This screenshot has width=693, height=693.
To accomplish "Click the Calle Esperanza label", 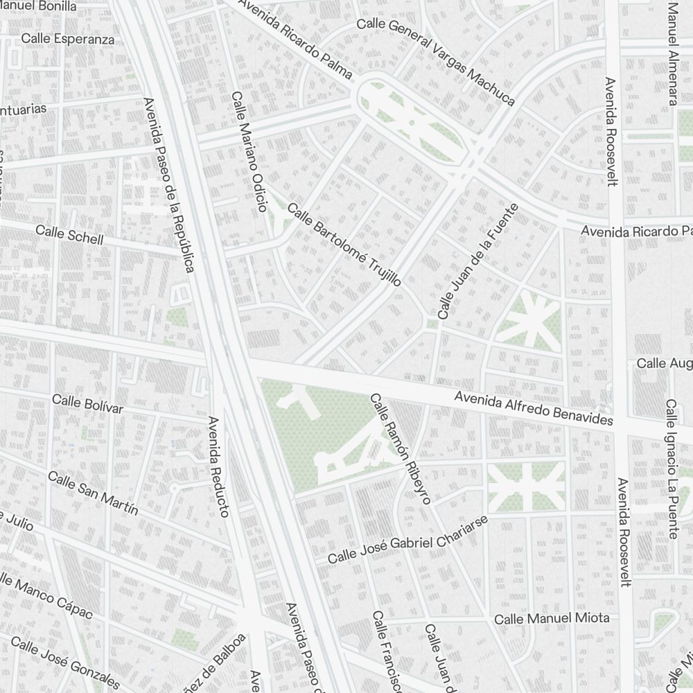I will tap(67, 39).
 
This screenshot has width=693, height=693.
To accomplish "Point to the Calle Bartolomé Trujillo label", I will tap(344, 245).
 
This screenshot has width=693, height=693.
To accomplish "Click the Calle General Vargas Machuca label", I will tap(436, 62).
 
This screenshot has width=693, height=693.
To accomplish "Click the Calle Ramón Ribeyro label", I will tap(401, 448).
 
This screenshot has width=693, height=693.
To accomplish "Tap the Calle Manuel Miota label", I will tap(552, 617).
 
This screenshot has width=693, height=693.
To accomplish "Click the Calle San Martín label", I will tap(93, 493).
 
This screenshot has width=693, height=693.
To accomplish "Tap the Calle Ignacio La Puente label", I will tap(671, 468).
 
